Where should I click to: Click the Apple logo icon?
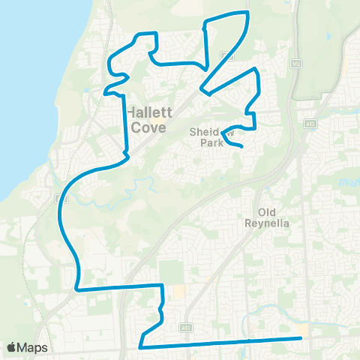click(x=11, y=347)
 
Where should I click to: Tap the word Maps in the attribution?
click(x=33, y=347)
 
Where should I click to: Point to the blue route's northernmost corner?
click(x=247, y=13)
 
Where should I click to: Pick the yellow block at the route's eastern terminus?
click(x=303, y=330)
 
